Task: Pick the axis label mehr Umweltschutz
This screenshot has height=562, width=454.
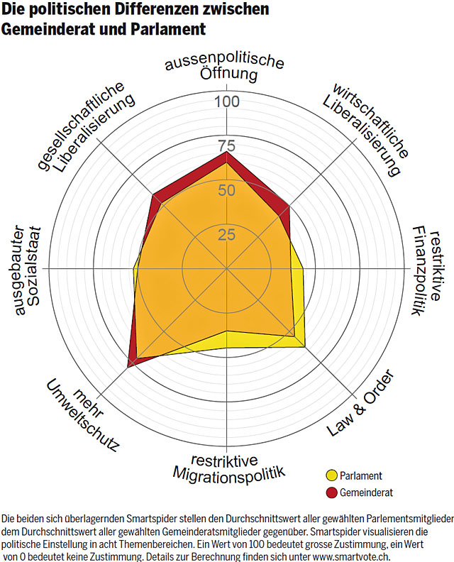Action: [84, 414]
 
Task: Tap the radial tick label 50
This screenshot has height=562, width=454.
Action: [226, 190]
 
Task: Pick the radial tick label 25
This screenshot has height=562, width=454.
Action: [226, 234]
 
